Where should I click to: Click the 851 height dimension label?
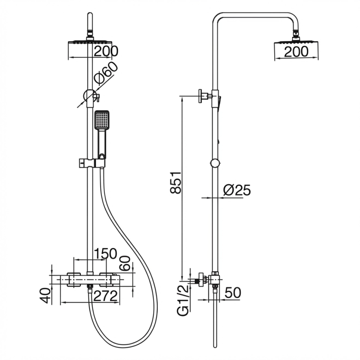176,182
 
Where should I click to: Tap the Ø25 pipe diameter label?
237,190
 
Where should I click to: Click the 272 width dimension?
106,296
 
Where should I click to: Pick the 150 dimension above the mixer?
105,254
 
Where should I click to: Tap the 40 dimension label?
45,296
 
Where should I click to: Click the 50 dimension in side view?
233,293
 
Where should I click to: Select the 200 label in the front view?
106,51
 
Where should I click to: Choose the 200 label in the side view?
296,51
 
